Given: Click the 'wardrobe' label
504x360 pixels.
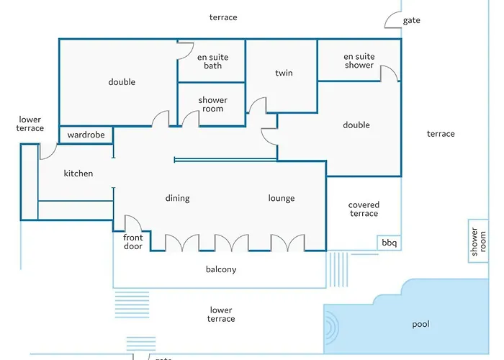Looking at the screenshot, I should [86, 135].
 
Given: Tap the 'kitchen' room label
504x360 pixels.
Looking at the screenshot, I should [78, 174].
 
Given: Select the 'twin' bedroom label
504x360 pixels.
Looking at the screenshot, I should [284, 73].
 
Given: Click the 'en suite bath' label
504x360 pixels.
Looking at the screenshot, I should [212, 61].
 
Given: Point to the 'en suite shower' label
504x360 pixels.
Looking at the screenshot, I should [359, 60].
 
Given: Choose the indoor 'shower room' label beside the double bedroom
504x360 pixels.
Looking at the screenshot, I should [212, 104].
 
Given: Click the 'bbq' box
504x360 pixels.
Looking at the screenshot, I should [389, 243].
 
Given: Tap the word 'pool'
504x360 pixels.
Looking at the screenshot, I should [420, 324].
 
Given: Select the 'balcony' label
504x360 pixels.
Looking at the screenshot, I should [221, 270].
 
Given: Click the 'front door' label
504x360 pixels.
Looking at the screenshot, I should [133, 242].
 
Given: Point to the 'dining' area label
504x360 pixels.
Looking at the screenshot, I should [178, 198].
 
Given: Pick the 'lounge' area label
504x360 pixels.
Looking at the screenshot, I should [282, 198].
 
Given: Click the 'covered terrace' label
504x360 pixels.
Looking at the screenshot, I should [364, 209].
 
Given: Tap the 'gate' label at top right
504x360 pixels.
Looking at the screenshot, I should [411, 21].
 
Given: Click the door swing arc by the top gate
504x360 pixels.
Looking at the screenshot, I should [394, 19].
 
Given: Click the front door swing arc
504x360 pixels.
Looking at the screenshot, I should [133, 224].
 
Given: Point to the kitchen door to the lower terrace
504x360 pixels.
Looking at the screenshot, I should [48, 151].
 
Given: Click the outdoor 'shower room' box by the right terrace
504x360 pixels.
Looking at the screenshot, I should [478, 240].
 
